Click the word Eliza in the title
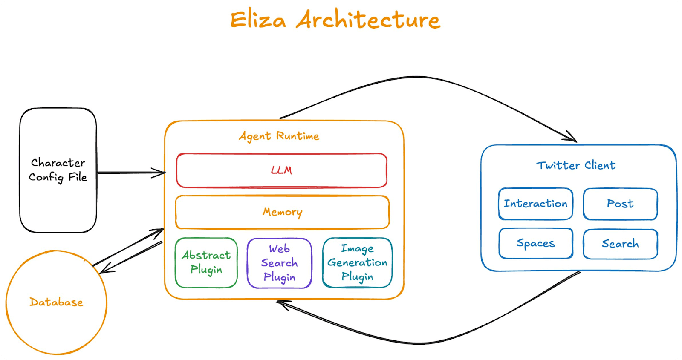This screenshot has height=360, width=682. (x=258, y=20)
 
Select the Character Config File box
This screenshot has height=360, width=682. (x=58, y=170)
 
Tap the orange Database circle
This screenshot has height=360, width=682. (x=56, y=302)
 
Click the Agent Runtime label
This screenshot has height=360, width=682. (x=279, y=136)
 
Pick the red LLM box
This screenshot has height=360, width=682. (x=281, y=170)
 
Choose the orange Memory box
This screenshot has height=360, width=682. (x=282, y=212)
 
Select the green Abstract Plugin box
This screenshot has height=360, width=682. (x=206, y=262)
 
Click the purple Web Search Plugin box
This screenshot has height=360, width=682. (x=279, y=263)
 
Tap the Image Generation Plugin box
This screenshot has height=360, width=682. (x=357, y=262)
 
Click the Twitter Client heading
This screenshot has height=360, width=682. (x=575, y=165)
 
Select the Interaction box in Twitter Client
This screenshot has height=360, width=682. (x=535, y=204)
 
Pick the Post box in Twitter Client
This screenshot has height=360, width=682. (x=620, y=204)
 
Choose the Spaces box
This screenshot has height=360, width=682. (x=536, y=243)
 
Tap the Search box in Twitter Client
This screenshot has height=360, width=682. (x=620, y=244)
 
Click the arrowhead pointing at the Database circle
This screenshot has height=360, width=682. (x=104, y=270)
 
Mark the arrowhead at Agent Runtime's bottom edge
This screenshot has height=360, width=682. (x=281, y=304)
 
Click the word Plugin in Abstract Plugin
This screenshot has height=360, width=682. (x=206, y=270)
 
